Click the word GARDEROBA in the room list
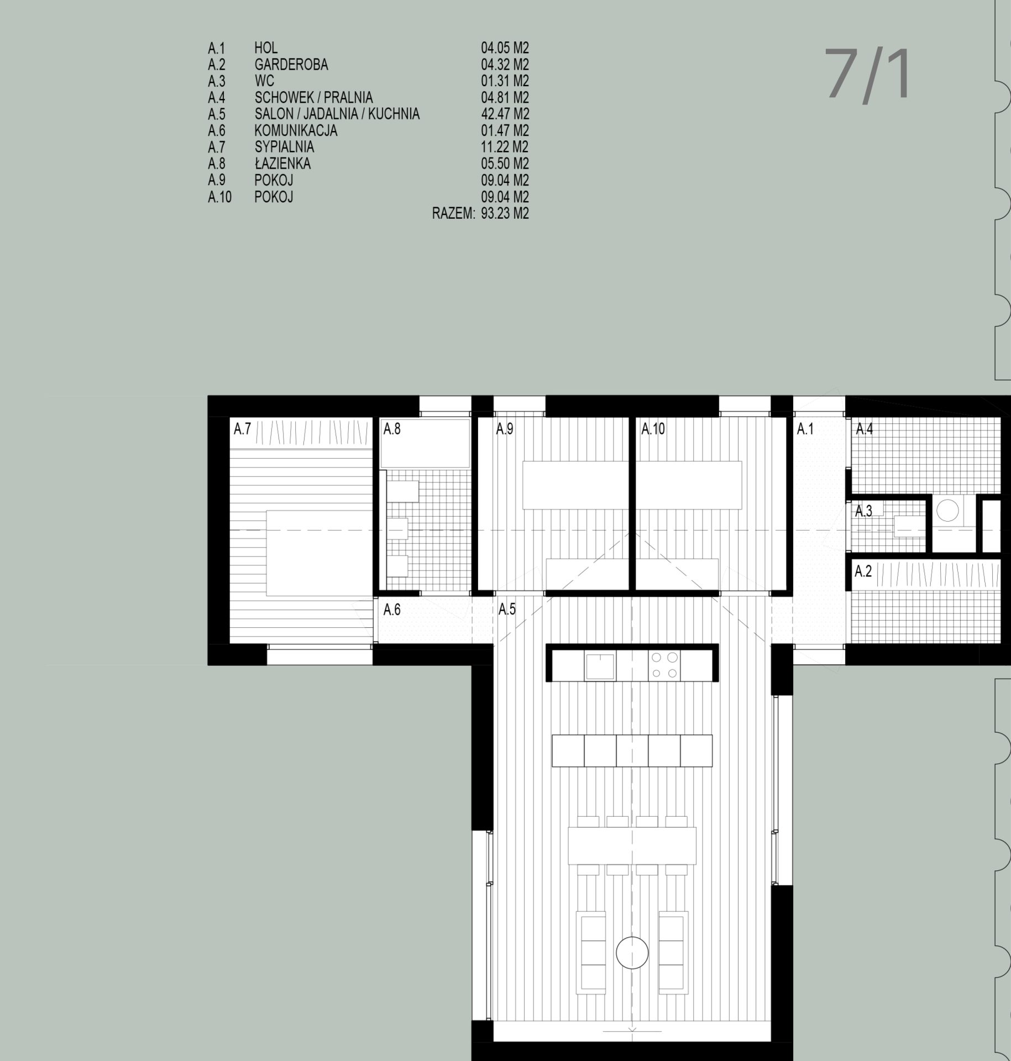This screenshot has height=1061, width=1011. (291, 65)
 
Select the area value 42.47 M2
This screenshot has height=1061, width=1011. (505, 114)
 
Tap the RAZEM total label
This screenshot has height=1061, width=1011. (453, 214)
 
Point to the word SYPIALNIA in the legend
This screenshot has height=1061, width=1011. (284, 147)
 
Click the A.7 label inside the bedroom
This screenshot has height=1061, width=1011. (243, 429)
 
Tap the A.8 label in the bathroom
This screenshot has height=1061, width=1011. (392, 429)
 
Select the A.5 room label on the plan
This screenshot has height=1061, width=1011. (507, 609)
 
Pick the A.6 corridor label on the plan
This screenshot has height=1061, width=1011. (392, 610)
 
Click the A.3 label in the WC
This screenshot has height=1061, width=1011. (863, 512)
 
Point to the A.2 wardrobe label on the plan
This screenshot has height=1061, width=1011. (863, 571)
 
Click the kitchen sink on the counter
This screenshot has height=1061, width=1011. (600, 665)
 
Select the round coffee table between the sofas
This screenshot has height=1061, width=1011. (632, 953)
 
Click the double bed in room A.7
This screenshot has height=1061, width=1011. (318, 553)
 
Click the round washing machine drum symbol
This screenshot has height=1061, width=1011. (950, 509)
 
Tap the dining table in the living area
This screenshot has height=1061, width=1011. (632, 846)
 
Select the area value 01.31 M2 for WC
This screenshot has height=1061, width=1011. (505, 81)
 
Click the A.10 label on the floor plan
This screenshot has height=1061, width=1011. (653, 429)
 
